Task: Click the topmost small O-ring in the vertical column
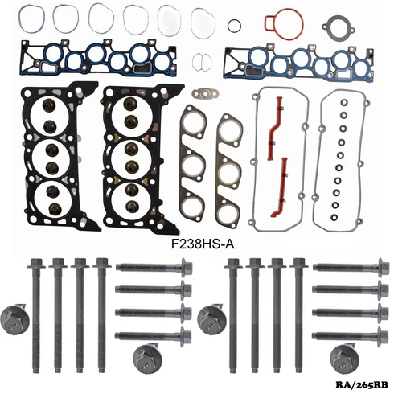pyautogui.click(x=341, y=103)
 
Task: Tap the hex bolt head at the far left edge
pyautogui.click(x=14, y=315)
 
